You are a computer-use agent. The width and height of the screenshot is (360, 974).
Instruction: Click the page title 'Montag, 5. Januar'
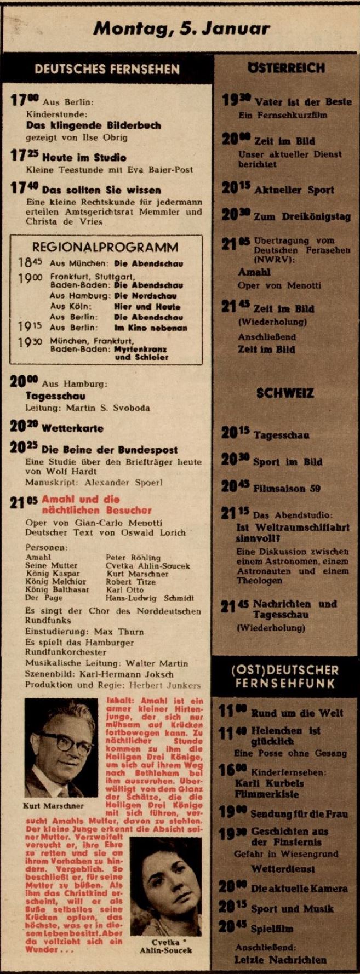coord(181,28)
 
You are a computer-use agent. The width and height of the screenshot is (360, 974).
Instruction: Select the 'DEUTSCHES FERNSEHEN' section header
coord(107,69)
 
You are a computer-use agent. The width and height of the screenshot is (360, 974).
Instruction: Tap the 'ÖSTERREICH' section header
coord(286,68)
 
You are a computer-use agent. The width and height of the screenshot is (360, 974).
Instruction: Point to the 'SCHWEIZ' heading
coord(285,393)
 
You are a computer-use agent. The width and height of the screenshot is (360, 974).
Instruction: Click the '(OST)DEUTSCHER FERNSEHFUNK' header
coord(285,677)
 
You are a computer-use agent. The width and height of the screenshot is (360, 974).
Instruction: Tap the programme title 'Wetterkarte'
coord(72,428)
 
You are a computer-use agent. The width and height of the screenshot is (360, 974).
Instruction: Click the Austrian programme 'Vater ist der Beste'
coord(303,102)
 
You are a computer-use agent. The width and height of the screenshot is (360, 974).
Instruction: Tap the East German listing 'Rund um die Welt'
coord(297,713)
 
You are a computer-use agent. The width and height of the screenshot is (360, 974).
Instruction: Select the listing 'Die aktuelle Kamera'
coord(299,888)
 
